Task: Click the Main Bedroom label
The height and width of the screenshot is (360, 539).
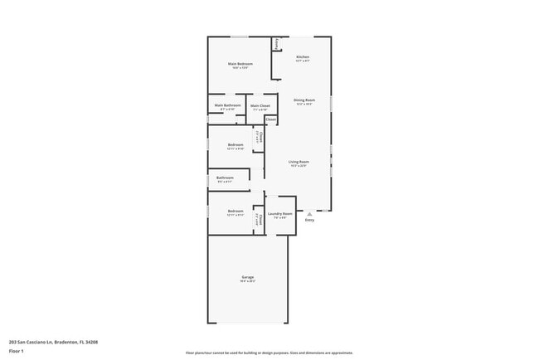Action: coord(240,63)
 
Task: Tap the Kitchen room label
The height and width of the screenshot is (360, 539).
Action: coord(303,56)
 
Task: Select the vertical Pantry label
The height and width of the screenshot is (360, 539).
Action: coord(277,44)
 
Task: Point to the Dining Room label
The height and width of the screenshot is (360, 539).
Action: coord(303,100)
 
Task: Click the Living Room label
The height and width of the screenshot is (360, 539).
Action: coord(299,161)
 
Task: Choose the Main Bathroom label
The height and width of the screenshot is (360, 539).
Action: coord(227,105)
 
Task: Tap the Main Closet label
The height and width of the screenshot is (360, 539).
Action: coord(260,105)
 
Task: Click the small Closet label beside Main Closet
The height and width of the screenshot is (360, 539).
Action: coord(271,119)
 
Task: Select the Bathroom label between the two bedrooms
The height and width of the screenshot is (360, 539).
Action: coord(225,177)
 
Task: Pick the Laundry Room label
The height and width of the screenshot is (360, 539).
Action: coord(279,213)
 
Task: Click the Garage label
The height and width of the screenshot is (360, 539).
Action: coord(247,276)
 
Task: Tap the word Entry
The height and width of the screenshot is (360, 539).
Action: coord(309,220)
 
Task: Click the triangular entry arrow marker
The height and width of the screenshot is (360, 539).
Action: coord(309,213)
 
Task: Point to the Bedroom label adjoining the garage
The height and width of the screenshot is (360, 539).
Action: coord(236,211)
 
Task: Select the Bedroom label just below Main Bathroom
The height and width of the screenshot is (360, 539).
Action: coord(236,144)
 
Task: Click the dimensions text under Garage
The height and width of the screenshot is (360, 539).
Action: coord(247,281)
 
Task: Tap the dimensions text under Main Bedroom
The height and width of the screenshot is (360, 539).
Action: coord(240,68)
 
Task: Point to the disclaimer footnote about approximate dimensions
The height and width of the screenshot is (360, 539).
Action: coord(269,353)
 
